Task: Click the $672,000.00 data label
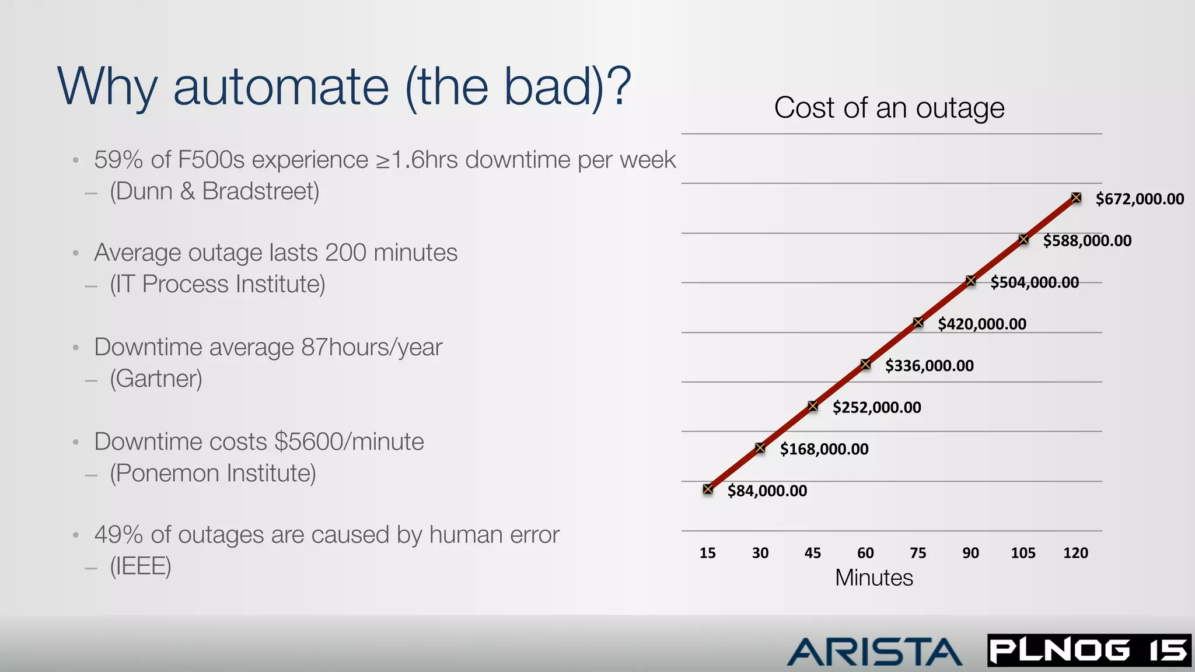pos(1140,199)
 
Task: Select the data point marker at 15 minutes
pos(708,489)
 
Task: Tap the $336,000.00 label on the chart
pos(929,366)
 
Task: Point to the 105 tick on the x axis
pos(1023,553)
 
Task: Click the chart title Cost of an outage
pos(889,108)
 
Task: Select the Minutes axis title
pos(873,577)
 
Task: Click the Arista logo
pos(873,652)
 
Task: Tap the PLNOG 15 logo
pos(1089,650)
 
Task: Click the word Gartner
pos(156,379)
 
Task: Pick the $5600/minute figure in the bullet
pos(349,442)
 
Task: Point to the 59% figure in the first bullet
pos(118,160)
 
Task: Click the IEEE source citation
pos(141,566)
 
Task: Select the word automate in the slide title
pos(281,87)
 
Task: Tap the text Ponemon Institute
pos(213,473)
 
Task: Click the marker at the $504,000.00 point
pos(971,281)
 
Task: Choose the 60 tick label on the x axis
pos(865,553)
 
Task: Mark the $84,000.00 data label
pos(767,491)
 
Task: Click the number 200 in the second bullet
pos(345,253)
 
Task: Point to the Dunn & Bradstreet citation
pos(215,191)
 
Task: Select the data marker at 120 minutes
pos(1076,198)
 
